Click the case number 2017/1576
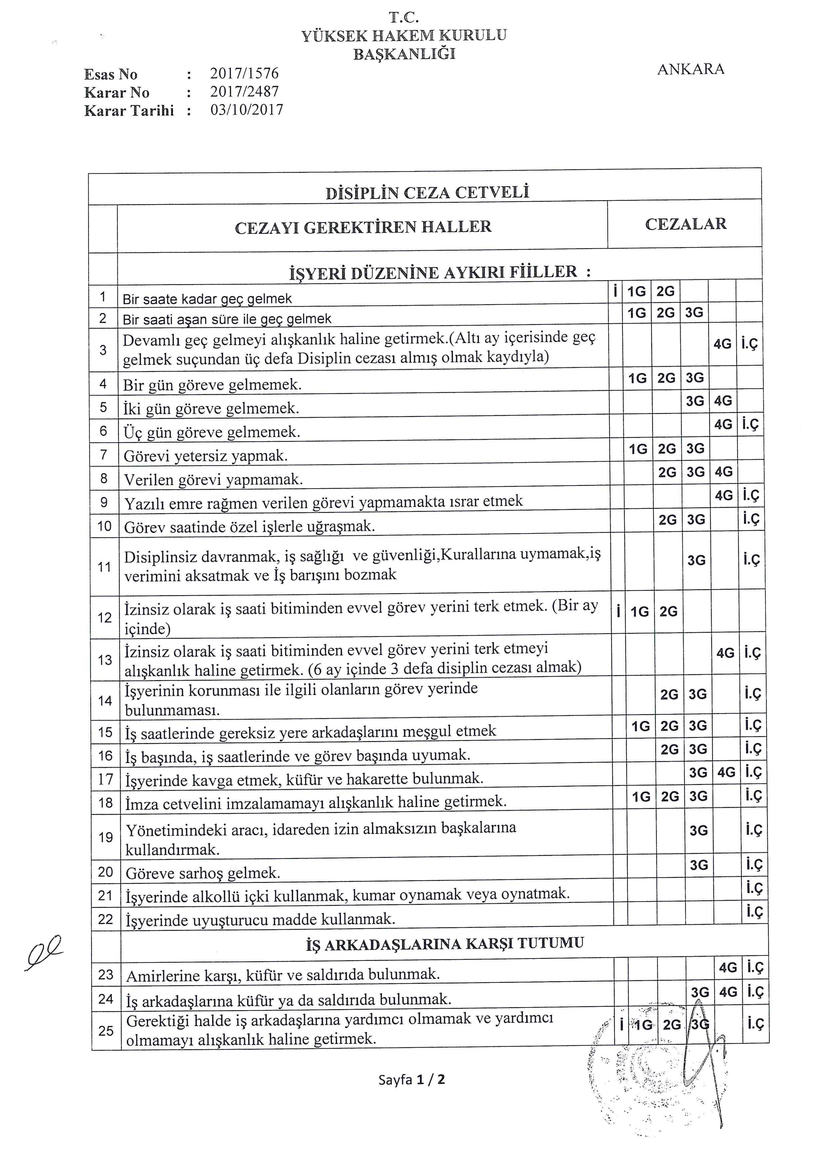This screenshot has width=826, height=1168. [244, 74]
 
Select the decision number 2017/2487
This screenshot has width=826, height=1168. [244, 92]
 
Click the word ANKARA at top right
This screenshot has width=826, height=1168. [690, 69]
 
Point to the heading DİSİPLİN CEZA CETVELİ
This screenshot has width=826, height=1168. [427, 192]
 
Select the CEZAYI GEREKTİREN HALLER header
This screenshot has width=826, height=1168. [363, 227]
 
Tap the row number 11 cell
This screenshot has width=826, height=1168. [104, 567]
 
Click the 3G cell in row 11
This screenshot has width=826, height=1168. [696, 561]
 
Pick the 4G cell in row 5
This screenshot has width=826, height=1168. [723, 401]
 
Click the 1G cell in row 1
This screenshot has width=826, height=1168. [636, 291]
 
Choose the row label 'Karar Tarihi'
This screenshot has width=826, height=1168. [129, 111]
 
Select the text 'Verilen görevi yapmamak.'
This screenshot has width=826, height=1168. [213, 479]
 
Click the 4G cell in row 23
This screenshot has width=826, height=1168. [728, 968]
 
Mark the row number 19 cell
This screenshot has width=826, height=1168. [105, 837]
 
